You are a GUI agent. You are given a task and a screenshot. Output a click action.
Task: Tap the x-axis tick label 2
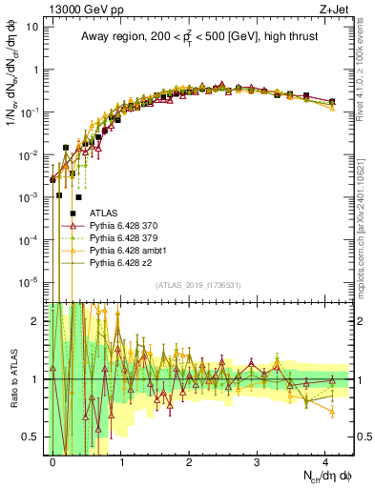pyautogui.click(x=189, y=460)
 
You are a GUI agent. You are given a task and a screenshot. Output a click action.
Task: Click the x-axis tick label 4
pyautogui.click(x=325, y=460)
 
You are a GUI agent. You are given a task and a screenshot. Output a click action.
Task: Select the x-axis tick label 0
pyautogui.click(x=53, y=460)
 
